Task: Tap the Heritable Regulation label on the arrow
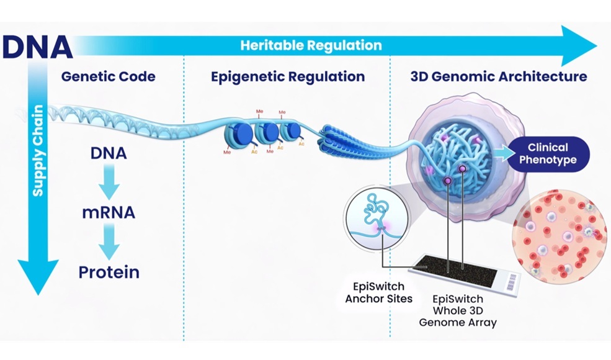click(311, 45)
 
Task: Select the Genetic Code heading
click(108, 77)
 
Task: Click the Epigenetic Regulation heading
click(287, 77)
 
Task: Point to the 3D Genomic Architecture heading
click(498, 77)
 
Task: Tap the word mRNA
click(109, 213)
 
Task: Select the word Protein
click(109, 272)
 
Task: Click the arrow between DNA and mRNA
click(109, 181)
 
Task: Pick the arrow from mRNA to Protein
click(109, 242)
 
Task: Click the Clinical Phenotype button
click(547, 153)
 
